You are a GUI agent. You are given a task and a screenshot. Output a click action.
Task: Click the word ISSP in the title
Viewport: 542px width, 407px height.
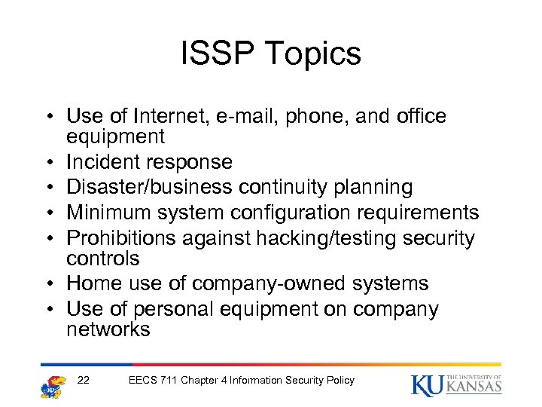(214, 54)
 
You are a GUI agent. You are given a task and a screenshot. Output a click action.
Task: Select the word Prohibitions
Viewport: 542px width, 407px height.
(119, 238)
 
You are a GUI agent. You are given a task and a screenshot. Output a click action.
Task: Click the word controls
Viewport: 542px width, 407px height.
(103, 259)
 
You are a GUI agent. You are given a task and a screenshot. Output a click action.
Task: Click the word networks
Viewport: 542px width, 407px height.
(108, 329)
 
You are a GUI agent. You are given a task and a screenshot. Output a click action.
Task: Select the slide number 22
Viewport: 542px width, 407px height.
(84, 380)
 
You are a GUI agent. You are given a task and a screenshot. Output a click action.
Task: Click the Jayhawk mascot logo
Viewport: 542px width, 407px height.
(53, 384)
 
